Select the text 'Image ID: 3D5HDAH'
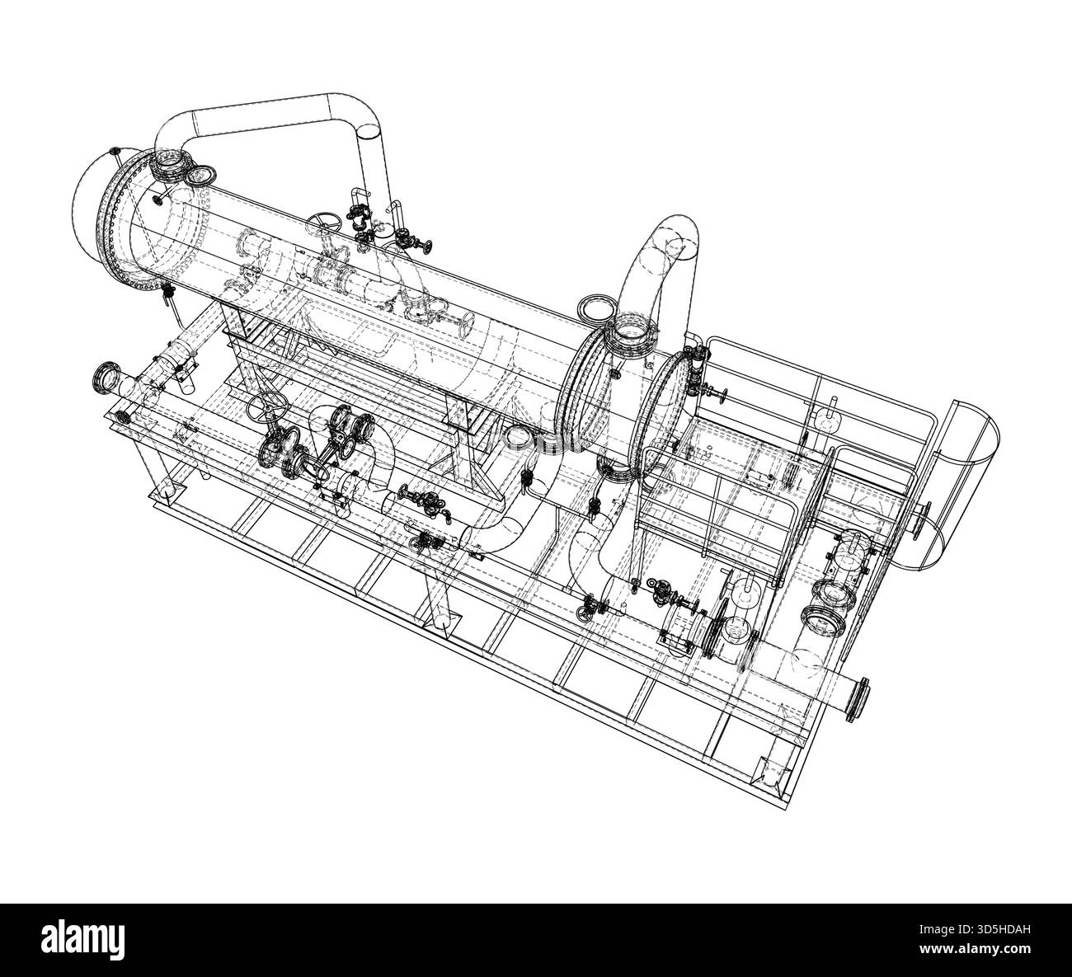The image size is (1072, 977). pos(975,929)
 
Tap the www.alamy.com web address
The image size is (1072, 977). pos(975,949)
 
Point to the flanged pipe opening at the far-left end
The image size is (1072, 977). pos(106,379)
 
